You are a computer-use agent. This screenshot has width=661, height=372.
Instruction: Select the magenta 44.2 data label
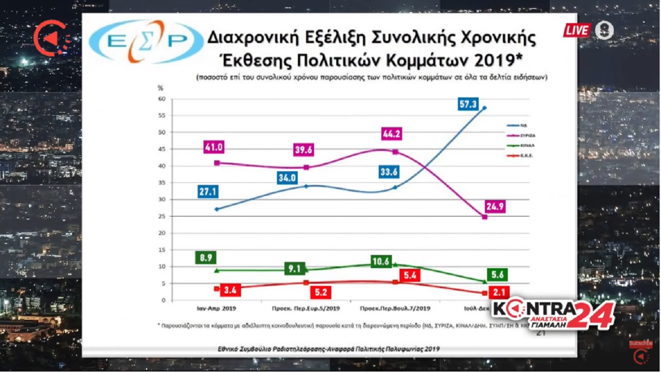point(392,134)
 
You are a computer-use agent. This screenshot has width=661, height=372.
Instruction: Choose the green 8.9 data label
point(206,257)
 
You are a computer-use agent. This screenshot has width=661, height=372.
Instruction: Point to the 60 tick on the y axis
point(162,99)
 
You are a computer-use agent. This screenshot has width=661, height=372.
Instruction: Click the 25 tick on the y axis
point(162,217)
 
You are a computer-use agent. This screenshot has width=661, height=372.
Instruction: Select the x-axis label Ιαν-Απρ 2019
point(216,308)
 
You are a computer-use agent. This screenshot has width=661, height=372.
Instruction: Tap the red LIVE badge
point(577,31)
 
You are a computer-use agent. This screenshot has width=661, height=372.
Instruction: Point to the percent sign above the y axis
point(160,88)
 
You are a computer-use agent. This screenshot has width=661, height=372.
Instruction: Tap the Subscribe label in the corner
point(641,344)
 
